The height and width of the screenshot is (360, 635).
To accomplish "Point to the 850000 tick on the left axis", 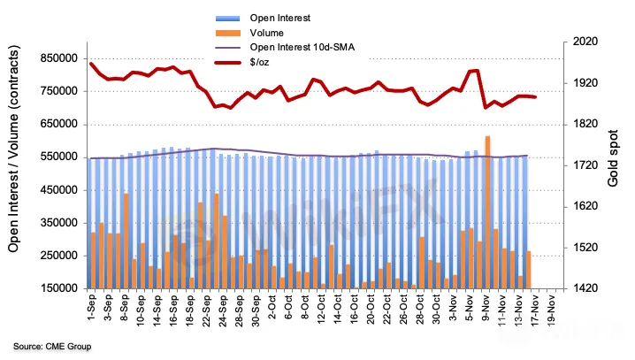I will point(57,58).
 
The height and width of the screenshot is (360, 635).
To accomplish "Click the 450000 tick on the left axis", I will point(57,189).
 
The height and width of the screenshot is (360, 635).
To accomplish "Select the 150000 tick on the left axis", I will point(57,288).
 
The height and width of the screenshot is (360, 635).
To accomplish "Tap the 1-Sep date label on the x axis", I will point(92,309).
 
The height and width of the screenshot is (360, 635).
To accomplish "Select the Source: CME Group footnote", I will point(51,346).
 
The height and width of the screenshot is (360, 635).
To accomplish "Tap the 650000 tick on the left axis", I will point(57,124).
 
